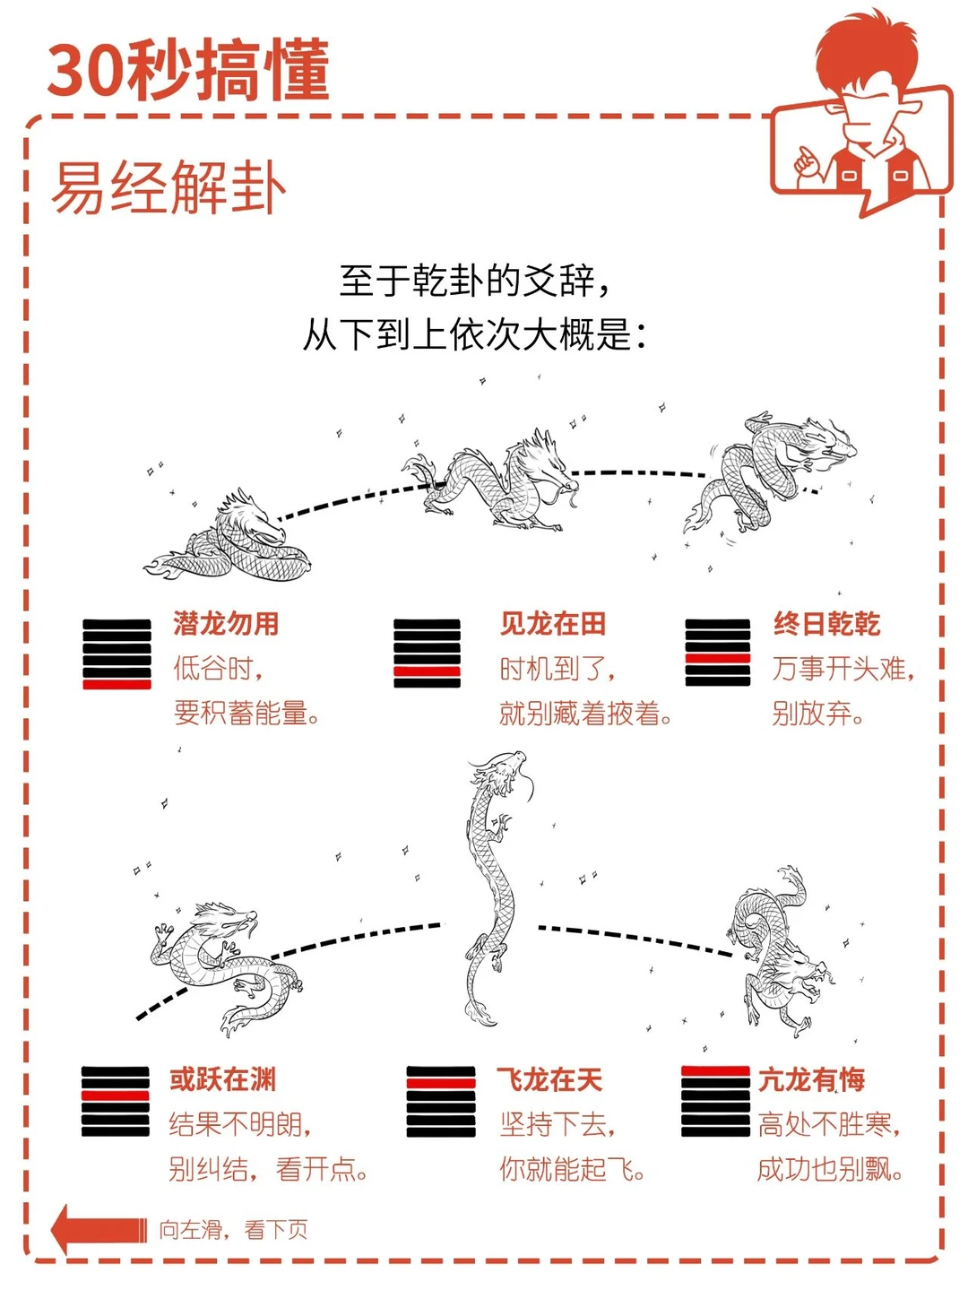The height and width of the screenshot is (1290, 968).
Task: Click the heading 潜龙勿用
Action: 226,624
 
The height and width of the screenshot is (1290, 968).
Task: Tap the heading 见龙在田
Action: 553,624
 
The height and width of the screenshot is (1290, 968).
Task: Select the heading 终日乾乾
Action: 826,624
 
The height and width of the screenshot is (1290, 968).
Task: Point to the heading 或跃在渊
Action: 222,1079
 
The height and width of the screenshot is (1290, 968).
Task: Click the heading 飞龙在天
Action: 549,1079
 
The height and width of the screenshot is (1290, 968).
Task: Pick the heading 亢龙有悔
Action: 811,1079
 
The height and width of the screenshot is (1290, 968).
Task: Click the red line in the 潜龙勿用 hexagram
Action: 117,685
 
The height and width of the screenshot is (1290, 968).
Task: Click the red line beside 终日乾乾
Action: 718,658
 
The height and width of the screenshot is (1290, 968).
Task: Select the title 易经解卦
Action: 169,186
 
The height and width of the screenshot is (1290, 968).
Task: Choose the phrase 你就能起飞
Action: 566,1170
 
